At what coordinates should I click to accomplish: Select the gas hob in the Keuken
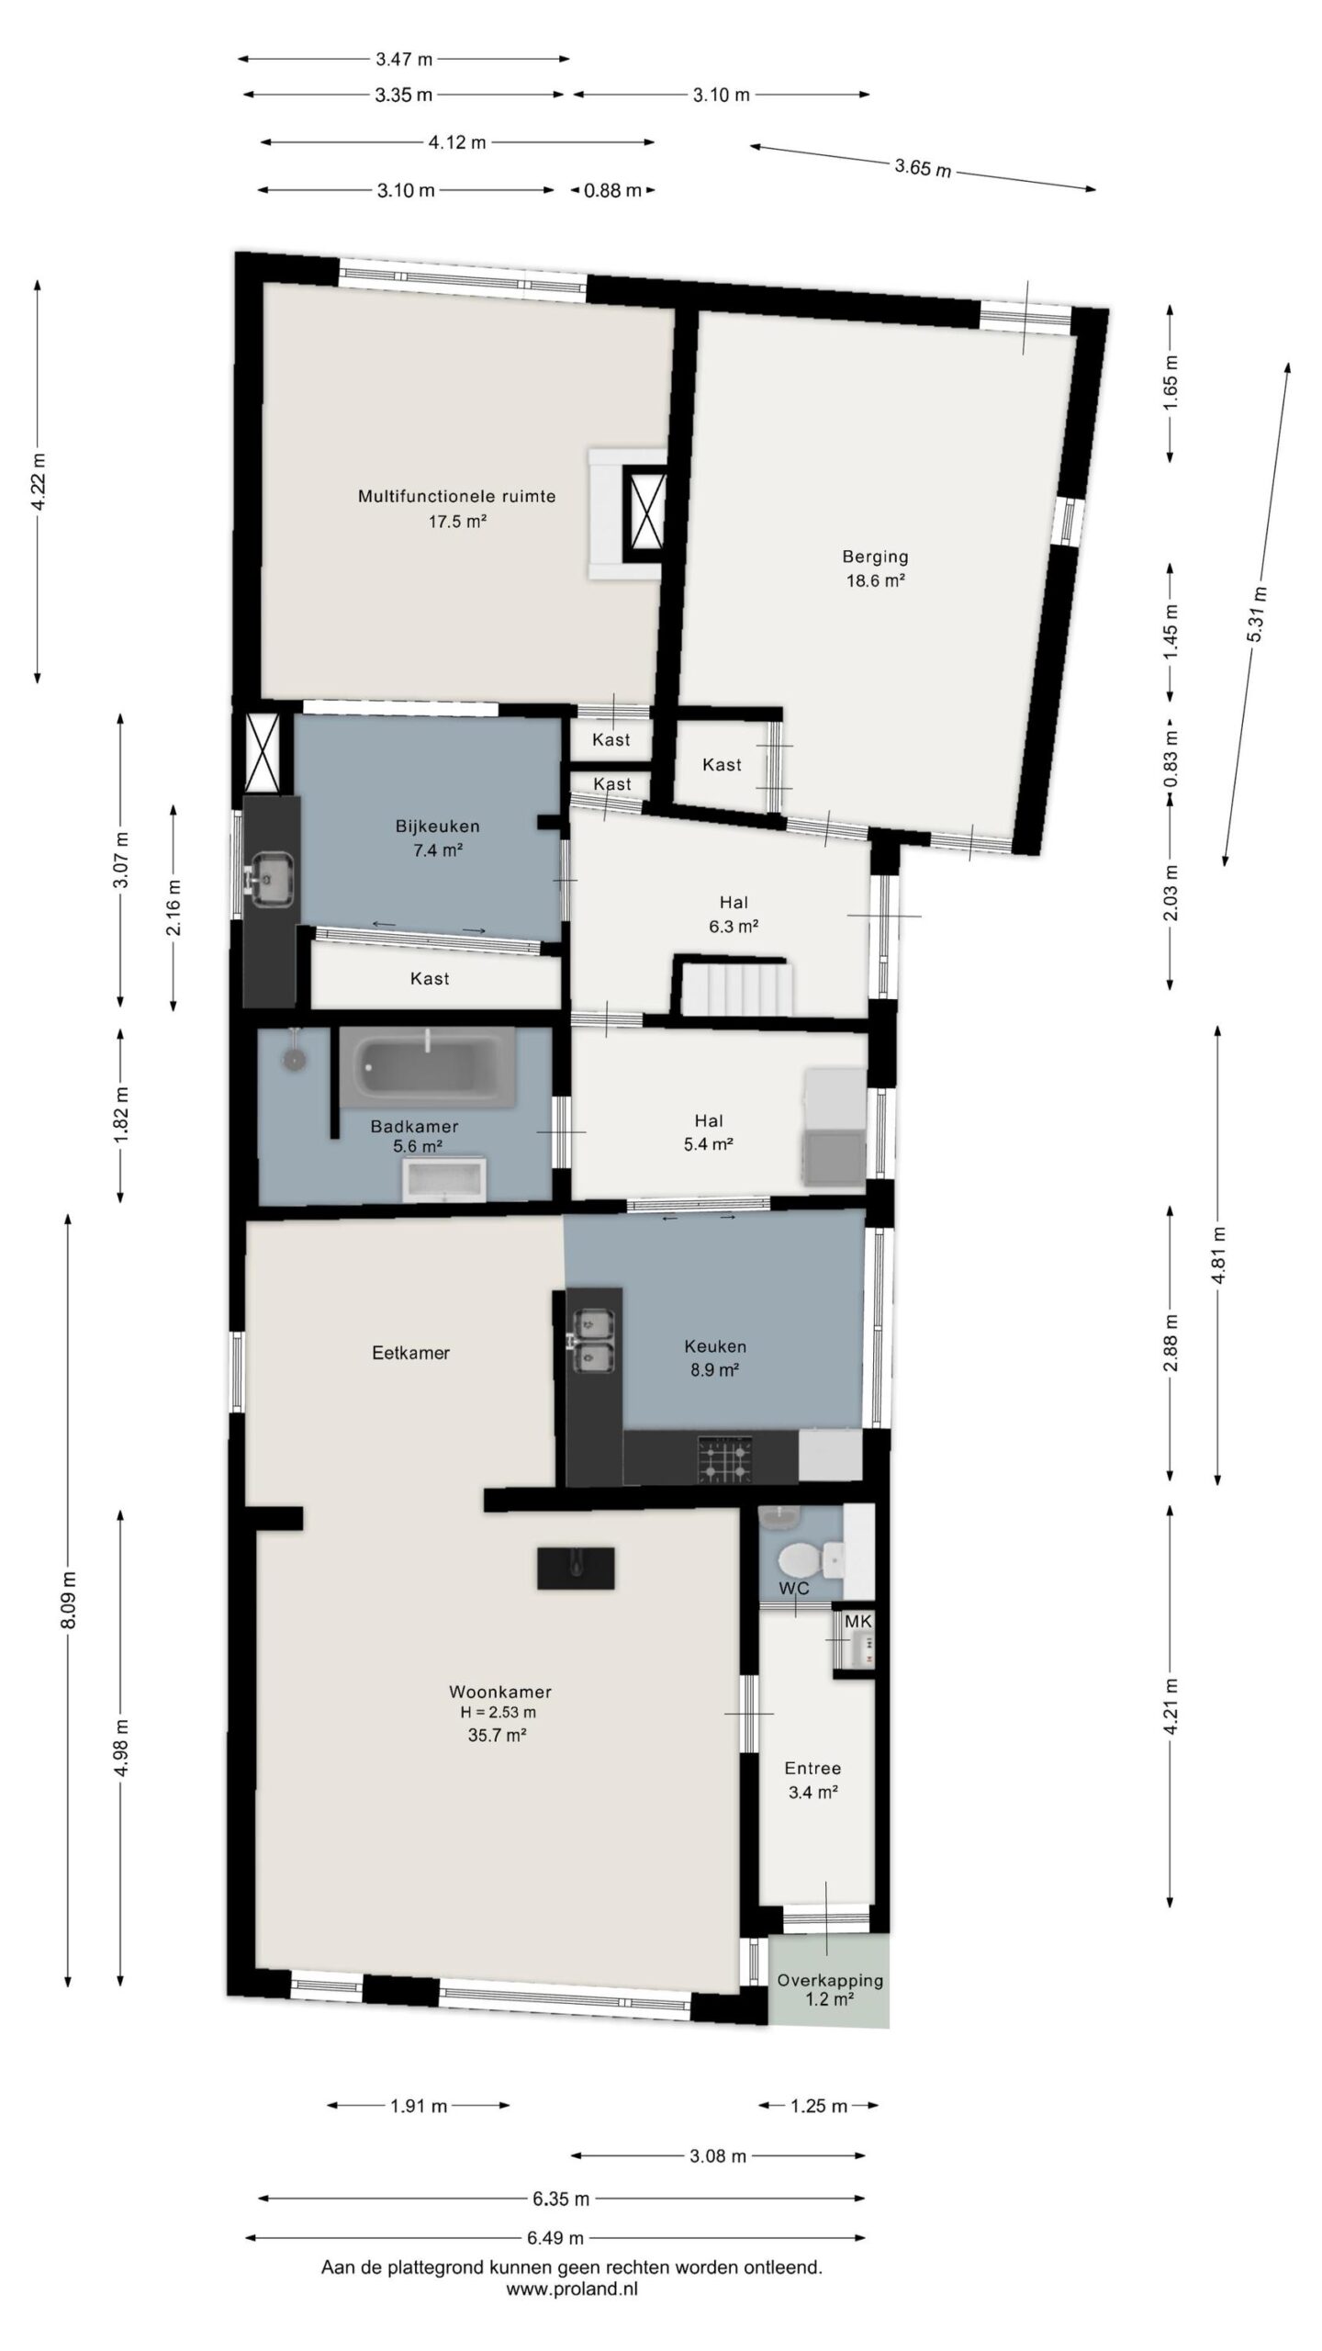point(725,1458)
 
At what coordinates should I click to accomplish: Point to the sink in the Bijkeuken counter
point(271,876)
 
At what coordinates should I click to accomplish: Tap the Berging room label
point(875,556)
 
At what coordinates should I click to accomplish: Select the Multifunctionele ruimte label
point(456,496)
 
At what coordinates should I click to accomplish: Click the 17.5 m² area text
point(456,521)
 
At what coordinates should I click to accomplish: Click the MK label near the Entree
point(858,1621)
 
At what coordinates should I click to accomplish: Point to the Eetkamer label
point(410,1352)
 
